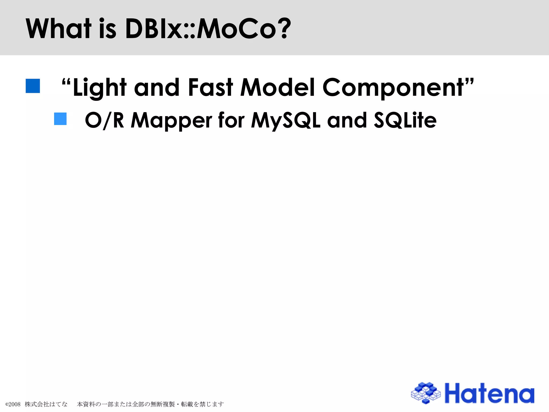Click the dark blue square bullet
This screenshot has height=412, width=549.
[x=33, y=86]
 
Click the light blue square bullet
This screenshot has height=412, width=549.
[x=60, y=119]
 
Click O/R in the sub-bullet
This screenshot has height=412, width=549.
[x=105, y=120]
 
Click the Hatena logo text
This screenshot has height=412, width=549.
[x=489, y=393]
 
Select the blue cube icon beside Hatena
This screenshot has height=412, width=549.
[x=426, y=393]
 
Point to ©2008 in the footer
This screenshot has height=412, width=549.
[x=13, y=404]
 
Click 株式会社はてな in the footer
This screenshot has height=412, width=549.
[x=46, y=404]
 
